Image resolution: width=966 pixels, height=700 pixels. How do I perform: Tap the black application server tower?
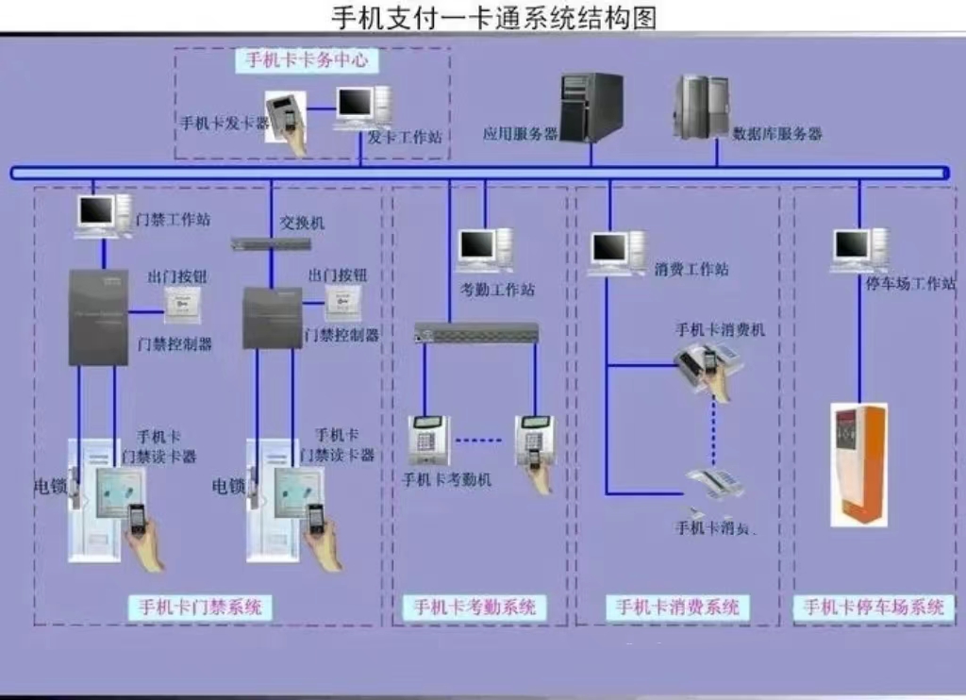[591, 107]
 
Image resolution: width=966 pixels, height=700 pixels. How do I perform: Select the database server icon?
[701, 107]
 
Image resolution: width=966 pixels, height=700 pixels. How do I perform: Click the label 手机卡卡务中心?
[307, 60]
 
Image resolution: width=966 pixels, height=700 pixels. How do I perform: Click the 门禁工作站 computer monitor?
[98, 215]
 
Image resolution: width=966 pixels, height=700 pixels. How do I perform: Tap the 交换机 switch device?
[271, 243]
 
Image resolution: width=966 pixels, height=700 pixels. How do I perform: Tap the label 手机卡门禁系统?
[201, 607]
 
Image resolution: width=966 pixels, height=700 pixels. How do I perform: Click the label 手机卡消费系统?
[677, 607]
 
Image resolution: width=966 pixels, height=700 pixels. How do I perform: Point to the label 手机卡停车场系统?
[874, 607]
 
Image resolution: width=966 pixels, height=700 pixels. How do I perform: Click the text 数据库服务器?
[777, 134]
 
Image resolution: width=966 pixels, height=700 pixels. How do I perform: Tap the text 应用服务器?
[520, 134]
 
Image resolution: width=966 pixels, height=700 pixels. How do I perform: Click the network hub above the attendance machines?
[476, 332]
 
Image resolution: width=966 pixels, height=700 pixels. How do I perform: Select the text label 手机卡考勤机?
[446, 479]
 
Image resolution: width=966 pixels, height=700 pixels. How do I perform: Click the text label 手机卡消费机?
[720, 329]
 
